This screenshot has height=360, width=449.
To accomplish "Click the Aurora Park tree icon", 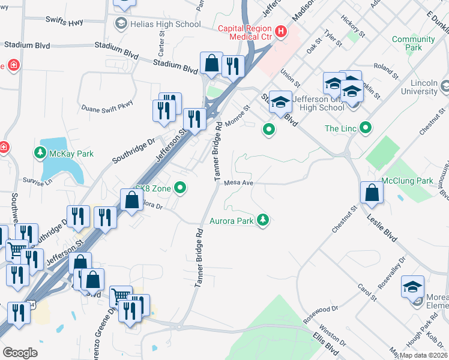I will (262, 221).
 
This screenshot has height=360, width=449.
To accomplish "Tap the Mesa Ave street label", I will (238, 183).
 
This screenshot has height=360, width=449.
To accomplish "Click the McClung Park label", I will (407, 181).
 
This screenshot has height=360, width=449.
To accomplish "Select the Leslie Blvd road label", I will (382, 227).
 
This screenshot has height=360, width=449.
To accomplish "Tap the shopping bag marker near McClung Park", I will (372, 193).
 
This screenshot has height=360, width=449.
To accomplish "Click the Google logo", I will (20, 353).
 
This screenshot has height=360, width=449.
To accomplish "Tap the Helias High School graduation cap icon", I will (121, 24).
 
